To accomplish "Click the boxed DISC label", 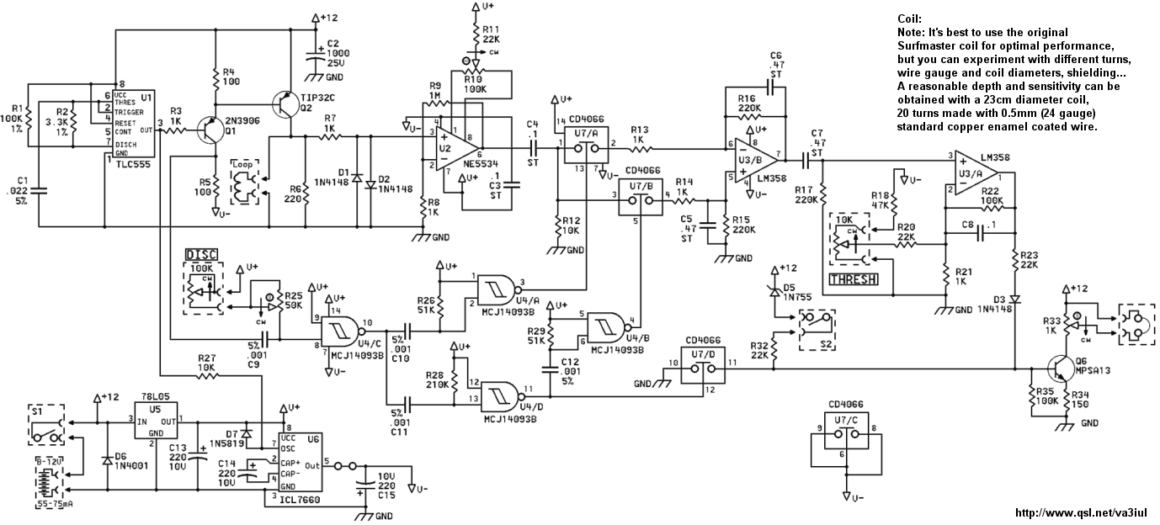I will click(201, 254).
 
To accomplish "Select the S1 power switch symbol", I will click(47, 429).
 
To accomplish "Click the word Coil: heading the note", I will click(910, 19).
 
